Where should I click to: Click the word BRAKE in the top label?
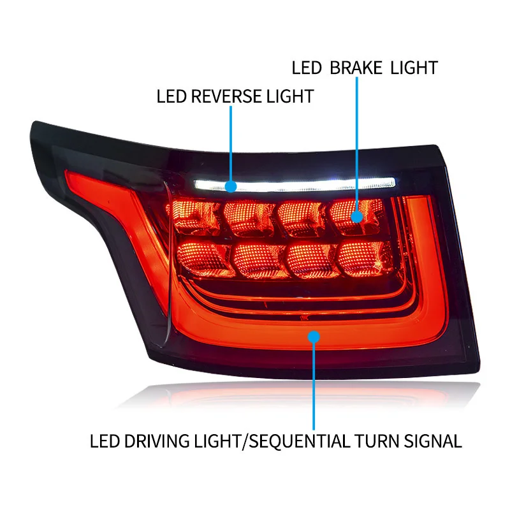coord(356,68)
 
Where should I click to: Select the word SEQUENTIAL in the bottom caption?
coord(300,441)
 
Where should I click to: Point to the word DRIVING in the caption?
coord(157,441)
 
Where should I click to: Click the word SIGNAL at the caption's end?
coord(433,441)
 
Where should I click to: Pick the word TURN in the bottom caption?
coord(377,441)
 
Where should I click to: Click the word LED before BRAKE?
coord(307,68)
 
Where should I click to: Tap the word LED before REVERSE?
coord(171,96)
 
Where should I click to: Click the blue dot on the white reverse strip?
coord(231,186)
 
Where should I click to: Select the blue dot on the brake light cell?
coord(357,217)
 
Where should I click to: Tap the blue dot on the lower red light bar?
coord(314,337)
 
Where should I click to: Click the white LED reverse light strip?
coord(295,184)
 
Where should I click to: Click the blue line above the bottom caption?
coord(314,386)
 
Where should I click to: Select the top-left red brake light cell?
coord(194,215)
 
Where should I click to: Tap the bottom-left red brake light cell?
coord(205,259)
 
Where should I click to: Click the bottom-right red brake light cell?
coord(364,259)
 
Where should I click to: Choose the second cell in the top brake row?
coord(249,217)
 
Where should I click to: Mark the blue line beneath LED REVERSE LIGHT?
coord(231,144)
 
